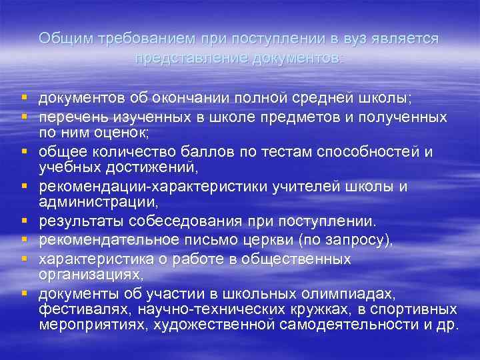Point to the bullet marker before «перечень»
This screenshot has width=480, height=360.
pos(23,117)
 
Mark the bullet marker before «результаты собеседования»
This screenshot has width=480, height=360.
pos(23,221)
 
